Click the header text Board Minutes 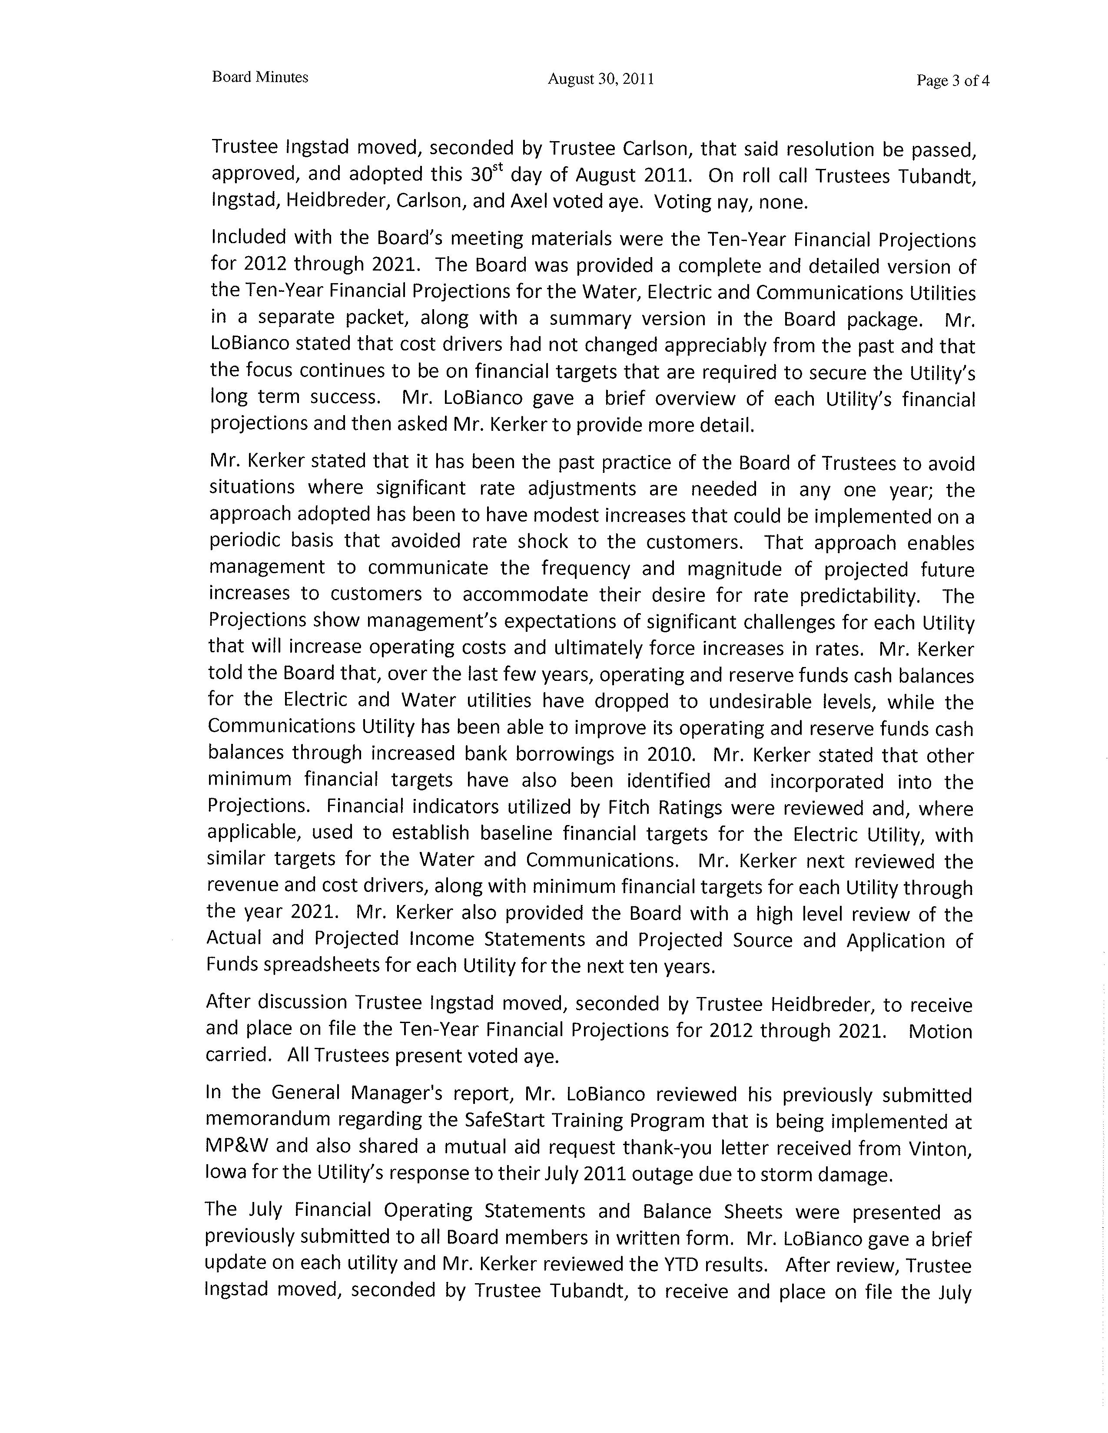coord(260,77)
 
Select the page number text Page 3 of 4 coord(952,81)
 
